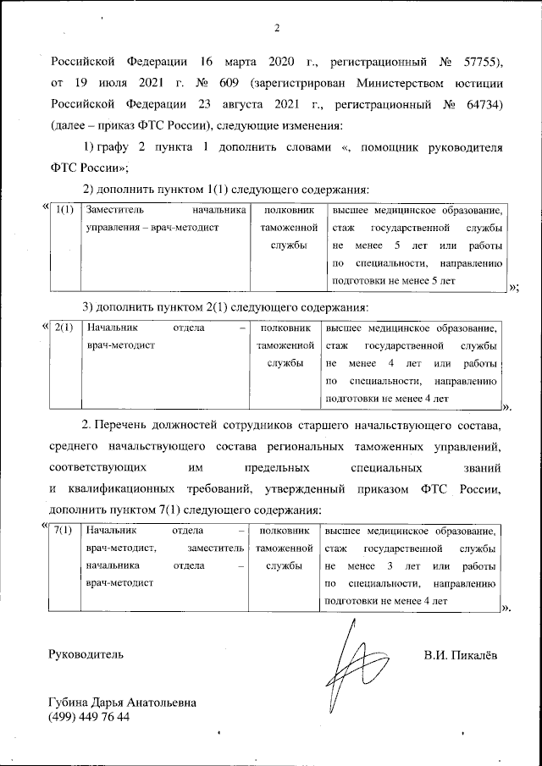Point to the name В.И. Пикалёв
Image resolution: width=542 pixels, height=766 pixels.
(461, 653)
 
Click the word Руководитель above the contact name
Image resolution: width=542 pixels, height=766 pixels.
(86, 653)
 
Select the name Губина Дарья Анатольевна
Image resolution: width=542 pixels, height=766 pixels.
(122, 702)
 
